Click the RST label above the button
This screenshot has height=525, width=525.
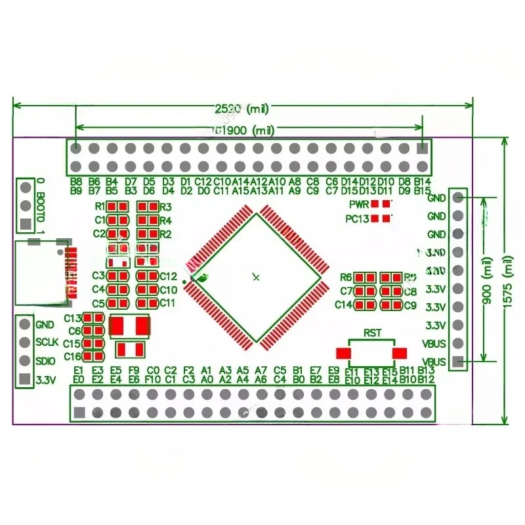coord(373,331)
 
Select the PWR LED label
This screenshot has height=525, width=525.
coord(358,204)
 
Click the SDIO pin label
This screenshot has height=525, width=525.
coord(46,360)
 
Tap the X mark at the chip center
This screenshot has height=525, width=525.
coord(256,278)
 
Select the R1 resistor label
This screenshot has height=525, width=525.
coord(100,206)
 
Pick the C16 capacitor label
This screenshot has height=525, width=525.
coord(72,356)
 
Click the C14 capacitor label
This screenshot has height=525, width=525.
coord(344,304)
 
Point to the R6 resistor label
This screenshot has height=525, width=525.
coord(346,277)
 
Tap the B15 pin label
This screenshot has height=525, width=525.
coord(423,191)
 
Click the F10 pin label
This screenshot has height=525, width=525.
coord(152,379)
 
